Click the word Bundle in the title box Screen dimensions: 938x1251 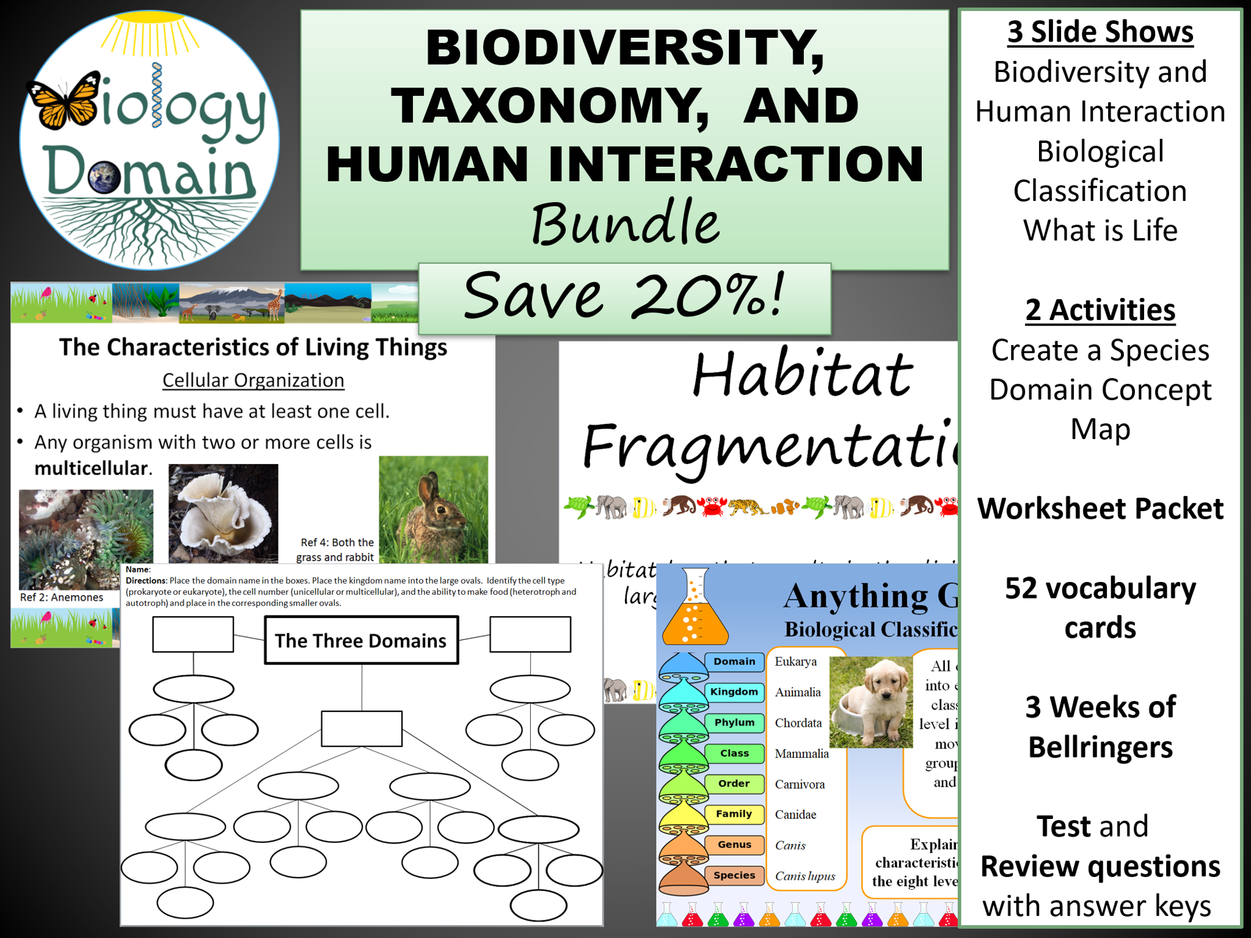tap(625, 223)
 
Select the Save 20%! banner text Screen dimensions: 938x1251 tap(624, 296)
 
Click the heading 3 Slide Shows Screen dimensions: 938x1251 tap(1100, 32)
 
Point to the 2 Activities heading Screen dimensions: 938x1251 tap(1100, 310)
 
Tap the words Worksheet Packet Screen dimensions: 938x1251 tap(1100, 508)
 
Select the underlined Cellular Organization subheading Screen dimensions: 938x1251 tap(253, 380)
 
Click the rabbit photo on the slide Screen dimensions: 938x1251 tap(433, 509)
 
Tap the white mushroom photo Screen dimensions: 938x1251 tap(223, 513)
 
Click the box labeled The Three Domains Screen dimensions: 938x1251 tap(361, 640)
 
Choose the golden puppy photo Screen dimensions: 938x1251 tap(870, 702)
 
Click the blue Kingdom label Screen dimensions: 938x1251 tap(734, 692)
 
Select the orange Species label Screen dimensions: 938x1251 tap(734, 875)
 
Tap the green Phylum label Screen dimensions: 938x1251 tap(734, 722)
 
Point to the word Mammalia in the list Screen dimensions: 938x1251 tap(801, 754)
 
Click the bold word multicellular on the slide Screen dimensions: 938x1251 tap(92, 468)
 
